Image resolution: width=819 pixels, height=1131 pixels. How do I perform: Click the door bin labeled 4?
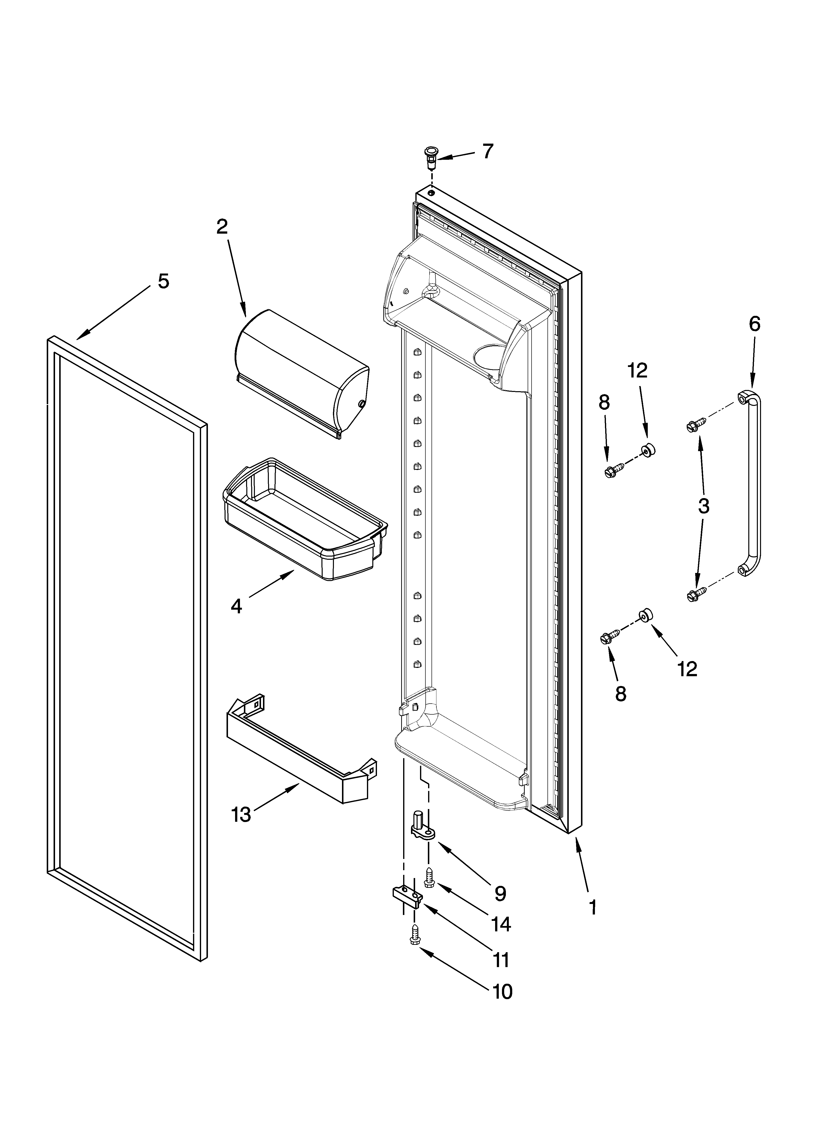(305, 519)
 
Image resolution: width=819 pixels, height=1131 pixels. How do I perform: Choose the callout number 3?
(703, 506)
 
